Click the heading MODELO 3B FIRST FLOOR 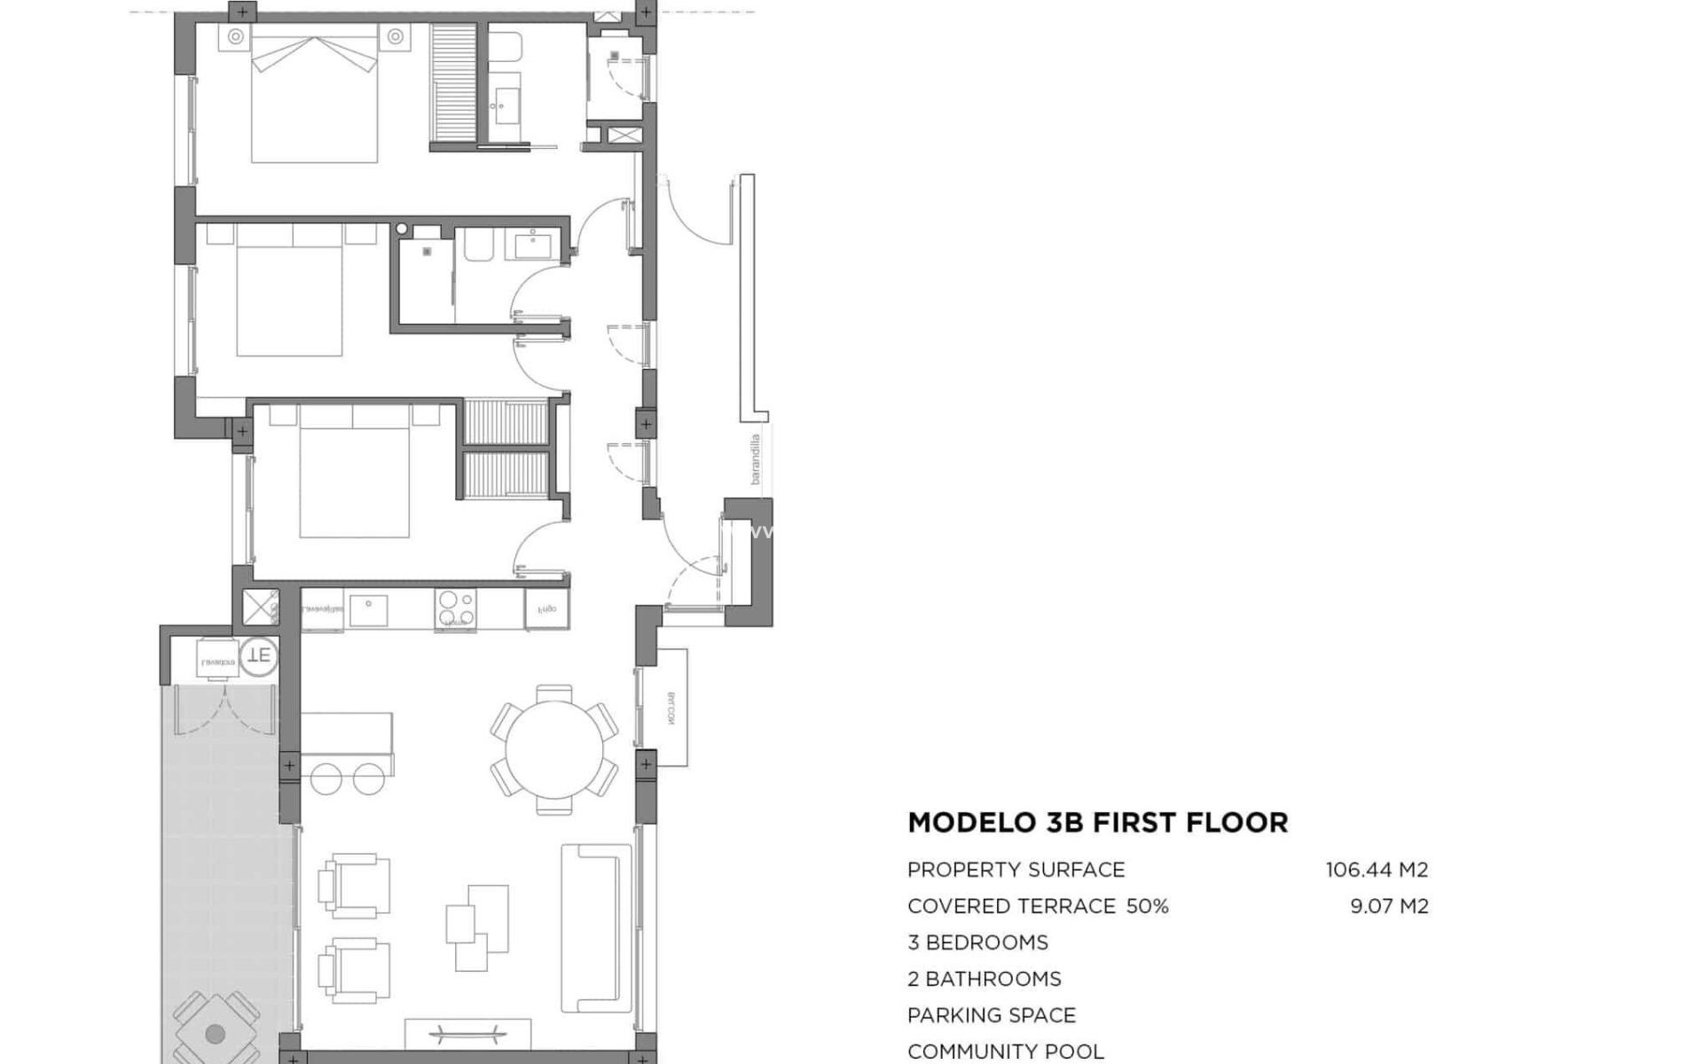[1097, 823]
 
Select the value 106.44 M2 [1377, 870]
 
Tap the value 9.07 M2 [1389, 906]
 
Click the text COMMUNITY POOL [1006, 1052]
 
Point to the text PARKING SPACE [992, 1015]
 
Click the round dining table [553, 749]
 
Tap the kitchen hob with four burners [455, 608]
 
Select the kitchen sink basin [367, 609]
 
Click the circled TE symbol [259, 657]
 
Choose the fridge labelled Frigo [546, 609]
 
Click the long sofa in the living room [596, 927]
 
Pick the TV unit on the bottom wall [467, 1034]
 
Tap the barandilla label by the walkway [756, 458]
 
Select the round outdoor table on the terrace [216, 1033]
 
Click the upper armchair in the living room [356, 884]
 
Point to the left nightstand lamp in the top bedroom [236, 36]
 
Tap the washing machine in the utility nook [217, 659]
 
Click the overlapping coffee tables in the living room [477, 927]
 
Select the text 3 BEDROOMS [977, 943]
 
